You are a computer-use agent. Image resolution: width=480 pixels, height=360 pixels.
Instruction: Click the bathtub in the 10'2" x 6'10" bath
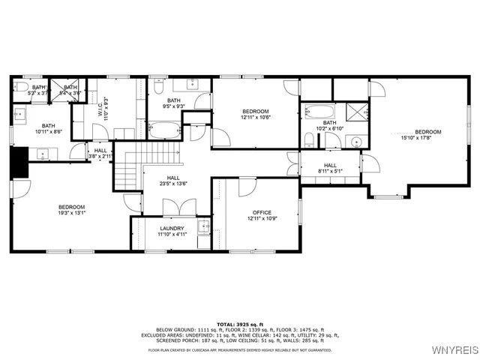(x=322, y=114)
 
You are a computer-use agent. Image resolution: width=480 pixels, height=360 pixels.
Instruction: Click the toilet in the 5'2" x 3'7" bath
(x=20, y=90)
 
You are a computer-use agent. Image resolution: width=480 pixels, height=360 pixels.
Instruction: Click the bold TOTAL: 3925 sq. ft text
(x=239, y=322)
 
